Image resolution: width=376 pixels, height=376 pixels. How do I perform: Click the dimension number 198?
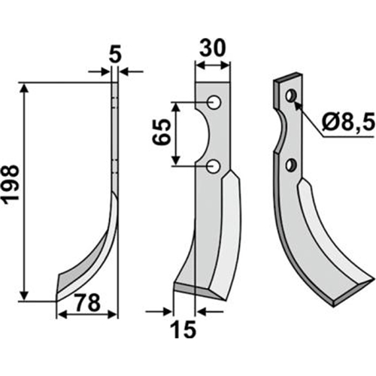point(11,183)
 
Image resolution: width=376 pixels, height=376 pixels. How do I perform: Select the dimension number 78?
point(88,303)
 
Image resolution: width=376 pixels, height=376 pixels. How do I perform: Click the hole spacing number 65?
point(161,132)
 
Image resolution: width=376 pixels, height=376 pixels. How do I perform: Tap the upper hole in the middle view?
point(214,102)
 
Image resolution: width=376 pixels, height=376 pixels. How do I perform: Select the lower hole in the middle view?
point(214,167)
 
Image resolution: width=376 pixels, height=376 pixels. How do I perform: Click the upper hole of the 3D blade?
point(291,96)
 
